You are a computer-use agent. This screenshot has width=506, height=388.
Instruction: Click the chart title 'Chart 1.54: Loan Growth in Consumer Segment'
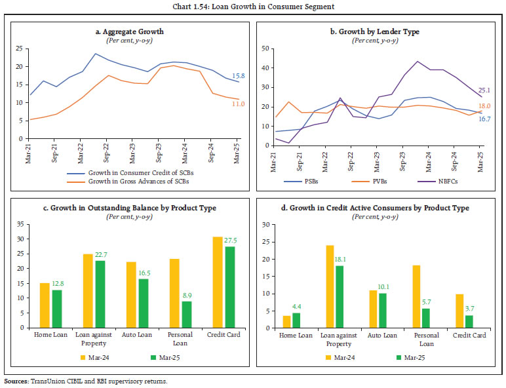[252, 7]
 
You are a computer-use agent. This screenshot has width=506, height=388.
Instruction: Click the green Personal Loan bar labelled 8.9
[187, 314]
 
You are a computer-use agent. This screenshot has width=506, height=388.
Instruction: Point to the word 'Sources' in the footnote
[16, 380]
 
